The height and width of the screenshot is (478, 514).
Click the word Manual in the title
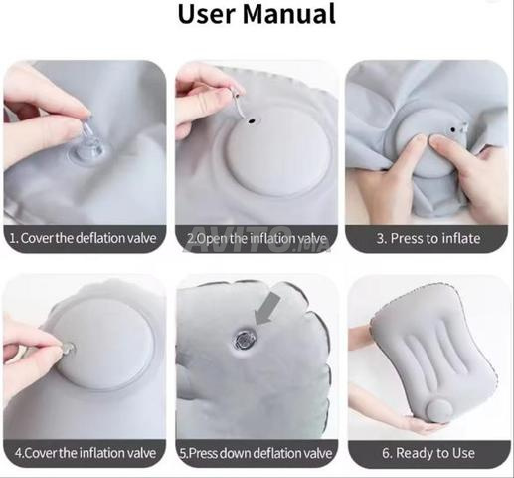tap(289, 14)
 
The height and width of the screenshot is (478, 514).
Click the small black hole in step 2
tap(252, 121)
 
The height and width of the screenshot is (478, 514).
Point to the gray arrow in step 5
tap(267, 309)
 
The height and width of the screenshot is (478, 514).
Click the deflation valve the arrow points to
tap(246, 340)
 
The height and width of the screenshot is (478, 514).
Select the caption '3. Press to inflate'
tap(428, 238)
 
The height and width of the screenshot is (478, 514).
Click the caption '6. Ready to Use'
tap(428, 453)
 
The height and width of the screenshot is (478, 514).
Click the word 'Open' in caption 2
tap(211, 239)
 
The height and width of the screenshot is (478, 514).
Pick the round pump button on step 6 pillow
tap(437, 411)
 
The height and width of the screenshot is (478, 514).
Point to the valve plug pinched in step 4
tap(70, 349)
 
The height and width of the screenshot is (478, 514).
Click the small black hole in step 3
tap(452, 129)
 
